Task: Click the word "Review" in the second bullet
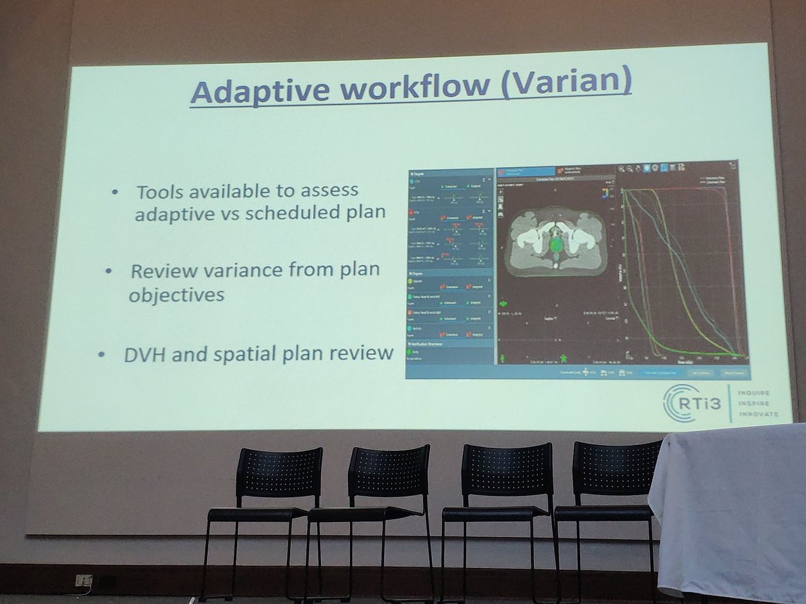click(163, 272)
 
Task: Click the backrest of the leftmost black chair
click(279, 473)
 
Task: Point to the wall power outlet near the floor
click(83, 580)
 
